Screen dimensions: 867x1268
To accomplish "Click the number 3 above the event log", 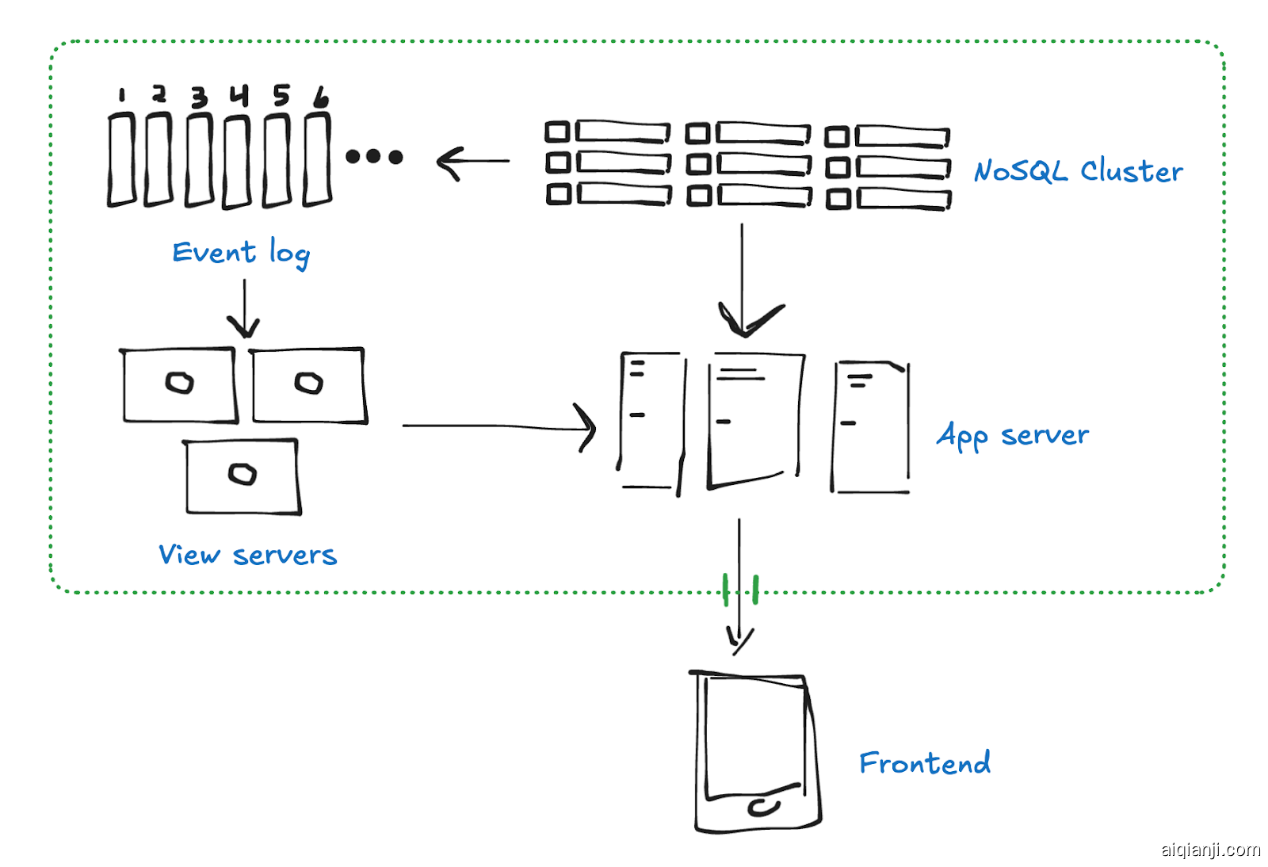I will tap(199, 97).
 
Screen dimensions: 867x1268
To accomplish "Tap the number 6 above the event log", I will tap(320, 97).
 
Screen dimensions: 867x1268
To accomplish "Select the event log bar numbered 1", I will tap(122, 160).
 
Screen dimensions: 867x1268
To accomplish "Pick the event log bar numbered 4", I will tap(237, 162).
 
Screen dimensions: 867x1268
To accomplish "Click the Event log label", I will tap(241, 253).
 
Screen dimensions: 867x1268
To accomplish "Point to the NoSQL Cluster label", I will tap(1078, 171).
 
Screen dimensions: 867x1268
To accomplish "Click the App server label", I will tap(1012, 435).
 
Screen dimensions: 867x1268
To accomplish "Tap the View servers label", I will tap(247, 555).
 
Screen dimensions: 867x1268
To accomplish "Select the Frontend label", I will tap(924, 763).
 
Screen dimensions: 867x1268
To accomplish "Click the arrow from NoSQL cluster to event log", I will tap(473, 162).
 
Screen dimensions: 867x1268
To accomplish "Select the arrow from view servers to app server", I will tap(499, 426).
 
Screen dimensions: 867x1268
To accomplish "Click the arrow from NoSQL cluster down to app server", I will tap(743, 277).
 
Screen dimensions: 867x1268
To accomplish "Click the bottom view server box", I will tap(243, 476).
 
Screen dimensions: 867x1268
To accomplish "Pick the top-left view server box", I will tap(180, 385).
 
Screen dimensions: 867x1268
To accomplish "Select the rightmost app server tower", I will tap(870, 428).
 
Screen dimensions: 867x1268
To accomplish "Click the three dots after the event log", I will tap(374, 157).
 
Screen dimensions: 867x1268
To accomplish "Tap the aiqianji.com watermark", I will tap(1210, 850).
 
